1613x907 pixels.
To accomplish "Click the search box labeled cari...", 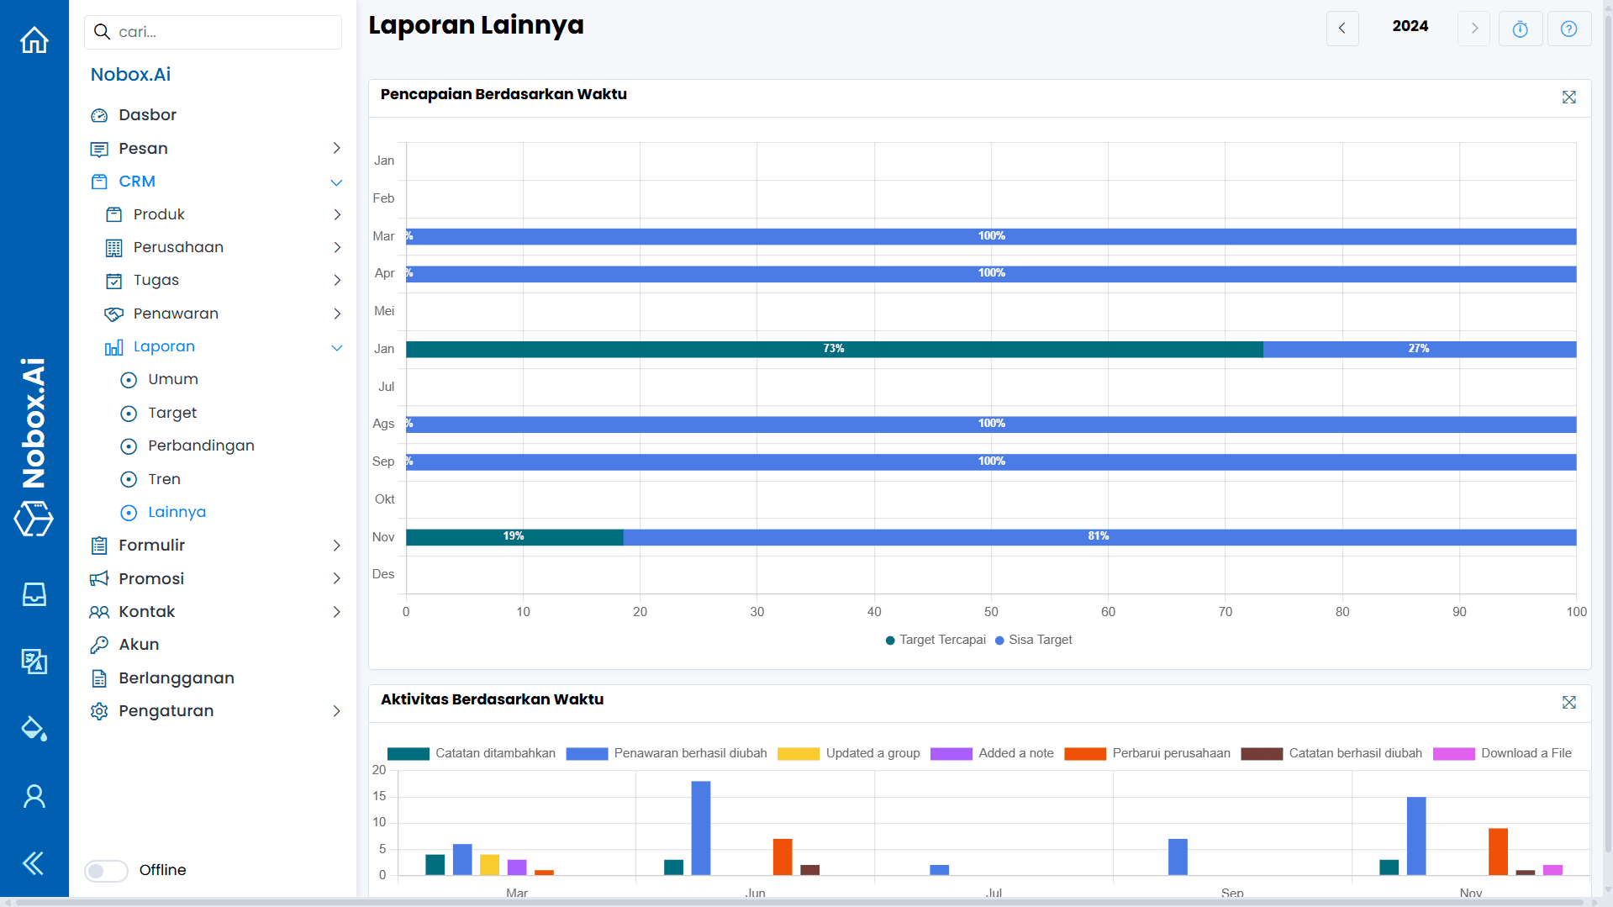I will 213,32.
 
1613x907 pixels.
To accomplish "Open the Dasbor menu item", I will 147,115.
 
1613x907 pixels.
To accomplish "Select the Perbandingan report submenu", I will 201,446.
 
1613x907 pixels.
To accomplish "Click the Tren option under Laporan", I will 164,479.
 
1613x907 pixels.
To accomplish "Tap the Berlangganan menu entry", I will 176,678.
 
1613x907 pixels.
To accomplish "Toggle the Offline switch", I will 106,871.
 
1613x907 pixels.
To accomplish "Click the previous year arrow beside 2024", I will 1342,29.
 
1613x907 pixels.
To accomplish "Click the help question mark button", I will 1568,29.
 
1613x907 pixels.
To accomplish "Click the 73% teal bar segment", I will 834,349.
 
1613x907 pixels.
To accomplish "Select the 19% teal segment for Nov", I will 514,537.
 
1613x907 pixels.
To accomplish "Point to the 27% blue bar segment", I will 1419,349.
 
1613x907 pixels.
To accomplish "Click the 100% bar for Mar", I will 991,236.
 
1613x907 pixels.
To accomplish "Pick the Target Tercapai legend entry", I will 936,641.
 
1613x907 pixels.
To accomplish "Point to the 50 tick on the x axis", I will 991,612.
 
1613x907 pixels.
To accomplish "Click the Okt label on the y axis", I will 384,499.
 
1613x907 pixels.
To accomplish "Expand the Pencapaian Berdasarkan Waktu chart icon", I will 1568,98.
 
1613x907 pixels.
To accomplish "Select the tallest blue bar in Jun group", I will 700,828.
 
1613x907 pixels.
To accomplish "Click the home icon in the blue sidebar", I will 34,40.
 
